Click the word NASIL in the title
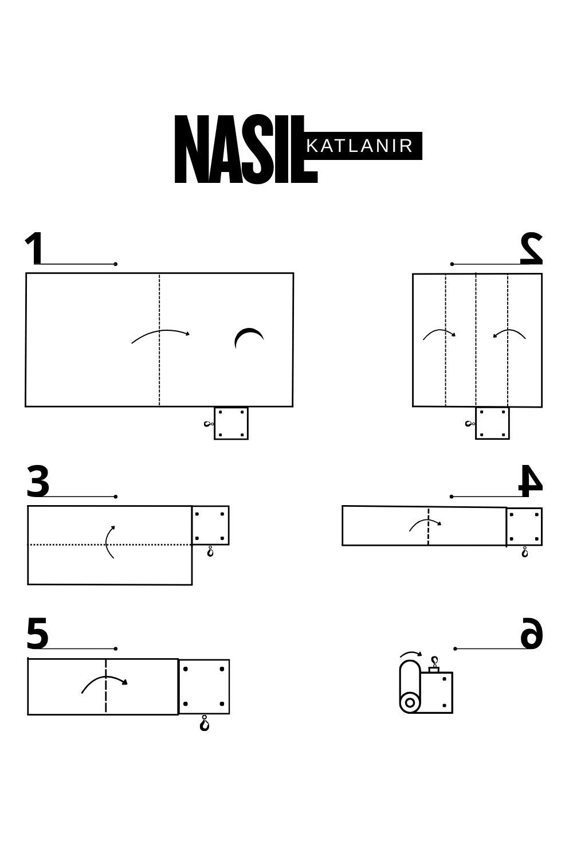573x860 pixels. coord(246,149)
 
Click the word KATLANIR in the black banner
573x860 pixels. coord(360,146)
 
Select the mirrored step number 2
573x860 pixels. coord(531,248)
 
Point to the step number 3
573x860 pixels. coord(38,481)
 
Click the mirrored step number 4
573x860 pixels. coord(531,480)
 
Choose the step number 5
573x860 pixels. coord(38,633)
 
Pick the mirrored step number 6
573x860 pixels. coord(532,632)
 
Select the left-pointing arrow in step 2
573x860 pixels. coord(509,331)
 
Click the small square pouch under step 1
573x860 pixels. coord(231,424)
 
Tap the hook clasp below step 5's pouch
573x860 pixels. coord(205,724)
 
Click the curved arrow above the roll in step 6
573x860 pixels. coord(411,652)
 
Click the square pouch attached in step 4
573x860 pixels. coord(524,526)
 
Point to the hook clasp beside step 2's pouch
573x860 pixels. coord(469,424)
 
